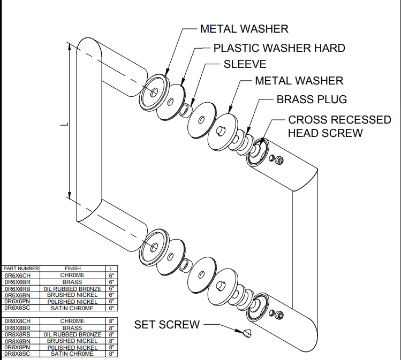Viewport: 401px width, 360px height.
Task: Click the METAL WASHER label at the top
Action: (244, 29)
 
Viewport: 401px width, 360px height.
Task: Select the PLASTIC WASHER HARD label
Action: (279, 48)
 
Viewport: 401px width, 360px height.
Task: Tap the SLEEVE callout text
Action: (245, 64)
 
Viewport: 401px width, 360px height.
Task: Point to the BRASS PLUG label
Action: (312, 99)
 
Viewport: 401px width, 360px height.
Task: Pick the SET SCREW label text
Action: (167, 325)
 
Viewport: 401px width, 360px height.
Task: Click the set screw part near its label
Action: (246, 333)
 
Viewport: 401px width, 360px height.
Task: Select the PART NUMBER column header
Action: (21, 269)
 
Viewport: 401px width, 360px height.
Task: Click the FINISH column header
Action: (73, 269)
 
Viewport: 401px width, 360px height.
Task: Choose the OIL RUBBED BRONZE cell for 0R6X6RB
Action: (73, 288)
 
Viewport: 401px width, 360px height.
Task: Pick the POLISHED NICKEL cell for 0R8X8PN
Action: (73, 347)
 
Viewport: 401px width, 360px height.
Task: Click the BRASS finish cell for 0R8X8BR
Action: (73, 327)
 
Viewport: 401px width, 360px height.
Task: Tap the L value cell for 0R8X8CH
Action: (111, 321)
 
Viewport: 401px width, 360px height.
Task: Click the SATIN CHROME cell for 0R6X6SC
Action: (73, 308)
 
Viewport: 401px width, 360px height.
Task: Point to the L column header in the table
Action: (111, 269)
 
